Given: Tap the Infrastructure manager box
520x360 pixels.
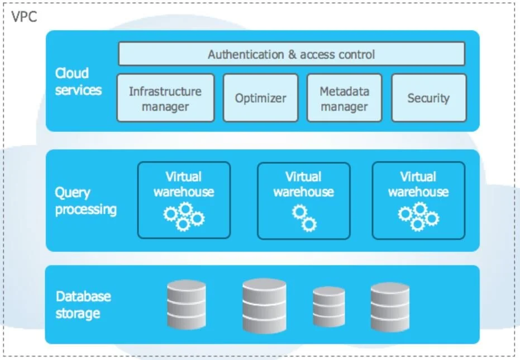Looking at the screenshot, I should click(x=165, y=98).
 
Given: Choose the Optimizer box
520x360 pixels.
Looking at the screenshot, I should click(x=260, y=98).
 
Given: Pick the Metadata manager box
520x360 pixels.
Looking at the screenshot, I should click(x=344, y=98).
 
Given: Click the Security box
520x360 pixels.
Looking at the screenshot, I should click(x=428, y=98).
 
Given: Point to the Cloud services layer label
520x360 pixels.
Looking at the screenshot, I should click(x=78, y=82).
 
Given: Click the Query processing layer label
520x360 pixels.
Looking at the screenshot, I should click(x=85, y=201).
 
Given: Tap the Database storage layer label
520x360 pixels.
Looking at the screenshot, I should click(x=83, y=305).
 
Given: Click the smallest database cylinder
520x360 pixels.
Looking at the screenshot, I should click(x=328, y=303).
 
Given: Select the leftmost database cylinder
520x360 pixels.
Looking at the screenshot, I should click(x=187, y=305).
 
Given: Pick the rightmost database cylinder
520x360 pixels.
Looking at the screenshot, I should click(x=390, y=304).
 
